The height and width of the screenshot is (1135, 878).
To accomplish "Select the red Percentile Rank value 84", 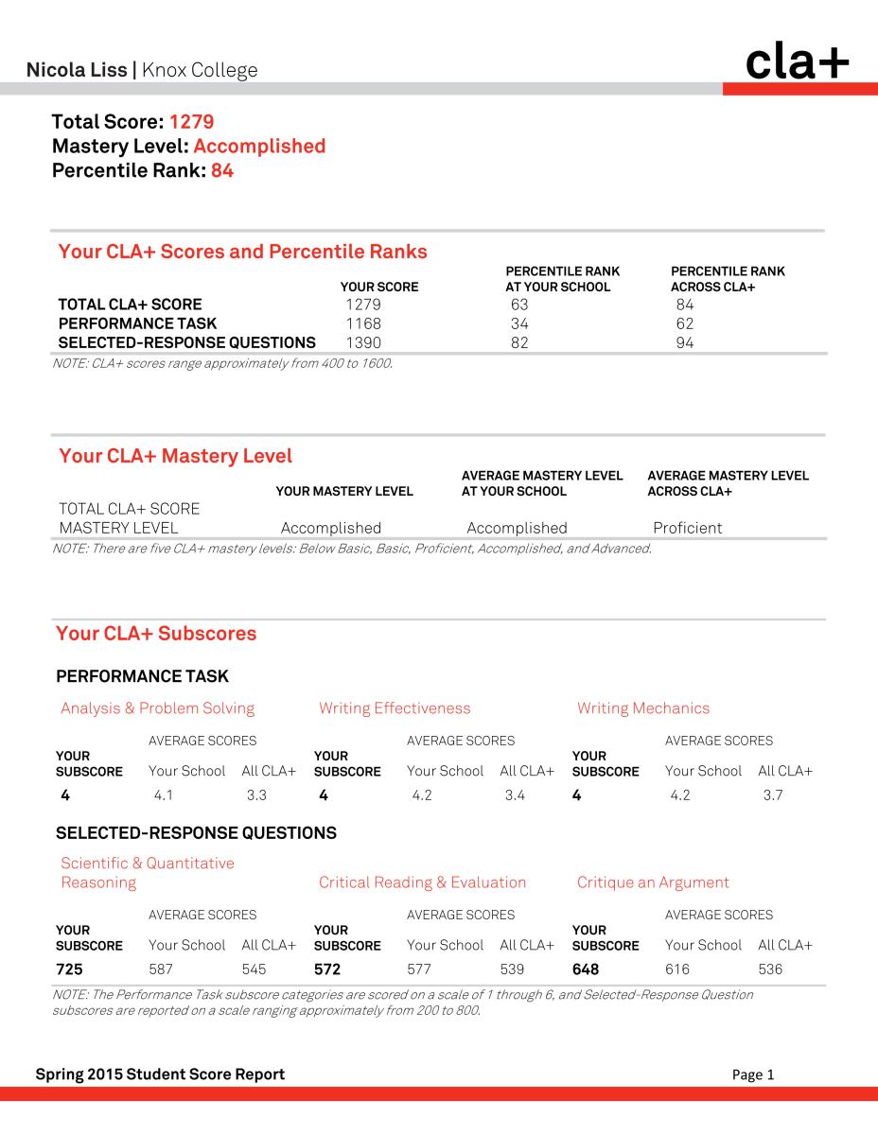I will click(222, 171).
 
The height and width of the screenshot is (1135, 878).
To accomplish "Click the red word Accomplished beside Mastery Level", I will click(259, 147).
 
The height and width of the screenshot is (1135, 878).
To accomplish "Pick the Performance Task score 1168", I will click(363, 323).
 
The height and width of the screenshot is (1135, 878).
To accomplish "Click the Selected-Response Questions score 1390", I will click(363, 342).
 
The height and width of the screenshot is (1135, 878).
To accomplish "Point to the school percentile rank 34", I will click(518, 323).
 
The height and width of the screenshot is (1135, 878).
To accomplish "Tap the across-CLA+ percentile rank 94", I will click(684, 342).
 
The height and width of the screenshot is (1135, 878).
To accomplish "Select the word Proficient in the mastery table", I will click(687, 528).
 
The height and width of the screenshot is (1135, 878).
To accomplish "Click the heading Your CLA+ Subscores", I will click(156, 634).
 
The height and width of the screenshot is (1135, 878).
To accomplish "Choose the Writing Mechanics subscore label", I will click(642, 708).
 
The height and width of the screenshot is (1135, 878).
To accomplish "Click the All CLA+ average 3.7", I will click(773, 795).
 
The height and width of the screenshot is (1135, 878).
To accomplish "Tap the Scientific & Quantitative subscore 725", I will click(70, 969).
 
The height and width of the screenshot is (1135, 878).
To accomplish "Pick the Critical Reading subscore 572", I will click(327, 969).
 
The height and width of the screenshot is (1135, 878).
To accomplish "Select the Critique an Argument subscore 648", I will click(586, 969).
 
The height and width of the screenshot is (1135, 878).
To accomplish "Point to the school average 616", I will click(677, 969).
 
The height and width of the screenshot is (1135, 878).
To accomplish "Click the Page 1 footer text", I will click(753, 1074).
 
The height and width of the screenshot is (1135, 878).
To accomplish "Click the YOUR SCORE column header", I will click(378, 287).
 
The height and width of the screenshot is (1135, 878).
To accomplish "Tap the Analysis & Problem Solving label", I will click(157, 708).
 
